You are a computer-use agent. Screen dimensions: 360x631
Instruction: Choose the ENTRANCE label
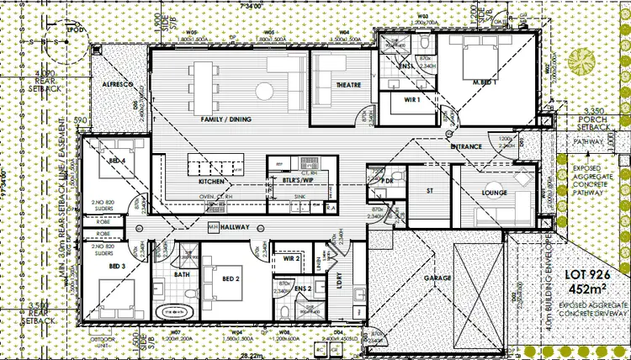click(466, 147)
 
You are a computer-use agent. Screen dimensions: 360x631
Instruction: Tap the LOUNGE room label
click(494, 193)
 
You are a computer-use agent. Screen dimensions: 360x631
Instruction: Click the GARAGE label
click(437, 278)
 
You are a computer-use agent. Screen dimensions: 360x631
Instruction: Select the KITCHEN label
click(211, 182)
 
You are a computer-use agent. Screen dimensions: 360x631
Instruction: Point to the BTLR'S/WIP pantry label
click(286, 179)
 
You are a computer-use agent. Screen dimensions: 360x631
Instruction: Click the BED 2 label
click(232, 278)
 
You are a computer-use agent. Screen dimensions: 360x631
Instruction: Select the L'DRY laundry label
click(341, 283)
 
